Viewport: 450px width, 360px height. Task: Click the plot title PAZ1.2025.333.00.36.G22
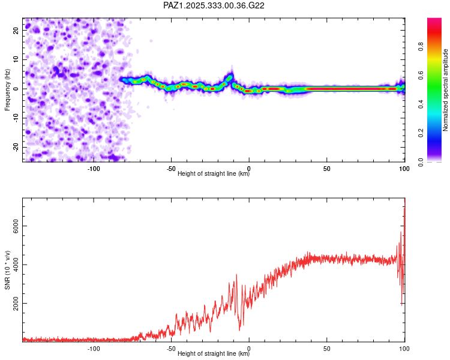click(214, 5)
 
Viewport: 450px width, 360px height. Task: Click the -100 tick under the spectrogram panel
click(94, 169)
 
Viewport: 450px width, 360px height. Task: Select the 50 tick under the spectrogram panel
click(326, 169)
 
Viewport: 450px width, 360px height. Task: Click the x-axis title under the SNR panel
click(214, 354)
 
